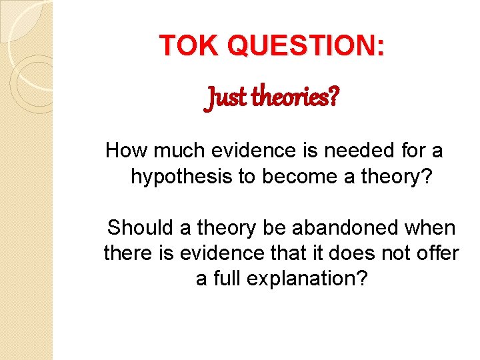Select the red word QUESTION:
click(306, 45)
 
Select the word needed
click(353, 151)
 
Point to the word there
click(125, 254)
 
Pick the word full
click(229, 279)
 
